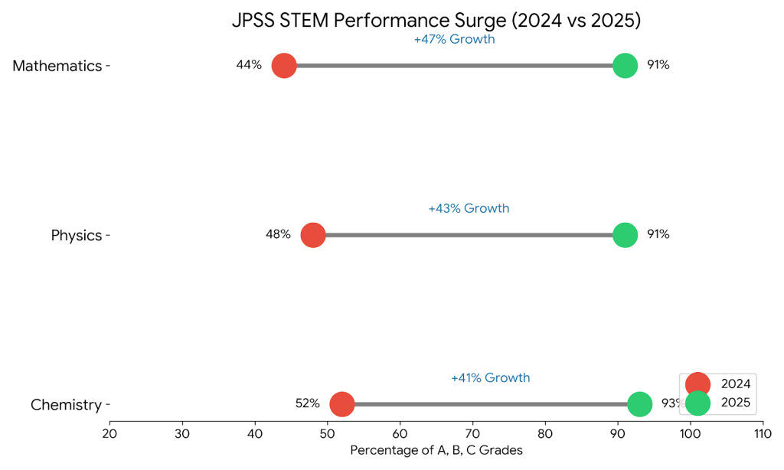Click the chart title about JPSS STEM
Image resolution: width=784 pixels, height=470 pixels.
point(436,21)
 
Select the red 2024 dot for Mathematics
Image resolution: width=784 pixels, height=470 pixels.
point(284,66)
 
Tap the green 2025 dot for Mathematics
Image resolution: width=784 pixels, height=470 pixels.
point(626,66)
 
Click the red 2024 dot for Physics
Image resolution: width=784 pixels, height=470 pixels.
point(313,235)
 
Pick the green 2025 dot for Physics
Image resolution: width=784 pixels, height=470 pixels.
point(626,235)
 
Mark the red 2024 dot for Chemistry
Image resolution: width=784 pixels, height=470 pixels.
point(342,404)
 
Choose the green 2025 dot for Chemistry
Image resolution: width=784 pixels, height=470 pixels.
point(640,404)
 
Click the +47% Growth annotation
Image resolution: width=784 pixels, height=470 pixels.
point(455,39)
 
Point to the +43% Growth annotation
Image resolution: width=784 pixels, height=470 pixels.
point(469,208)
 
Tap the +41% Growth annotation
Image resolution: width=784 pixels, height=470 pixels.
point(490,377)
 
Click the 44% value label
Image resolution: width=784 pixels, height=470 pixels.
point(249,65)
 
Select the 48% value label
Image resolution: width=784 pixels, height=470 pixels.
point(278,234)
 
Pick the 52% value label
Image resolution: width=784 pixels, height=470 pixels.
point(307,403)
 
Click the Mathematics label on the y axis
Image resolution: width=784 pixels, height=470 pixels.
point(57,66)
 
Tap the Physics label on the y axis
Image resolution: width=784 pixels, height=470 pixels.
point(77,235)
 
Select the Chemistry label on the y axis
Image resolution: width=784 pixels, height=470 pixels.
point(66,404)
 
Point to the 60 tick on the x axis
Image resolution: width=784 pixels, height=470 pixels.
point(400,434)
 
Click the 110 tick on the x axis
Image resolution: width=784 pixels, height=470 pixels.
point(763,434)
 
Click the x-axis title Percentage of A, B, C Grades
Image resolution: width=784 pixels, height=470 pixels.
point(436,450)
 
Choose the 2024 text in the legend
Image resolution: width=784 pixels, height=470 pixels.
point(736,384)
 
